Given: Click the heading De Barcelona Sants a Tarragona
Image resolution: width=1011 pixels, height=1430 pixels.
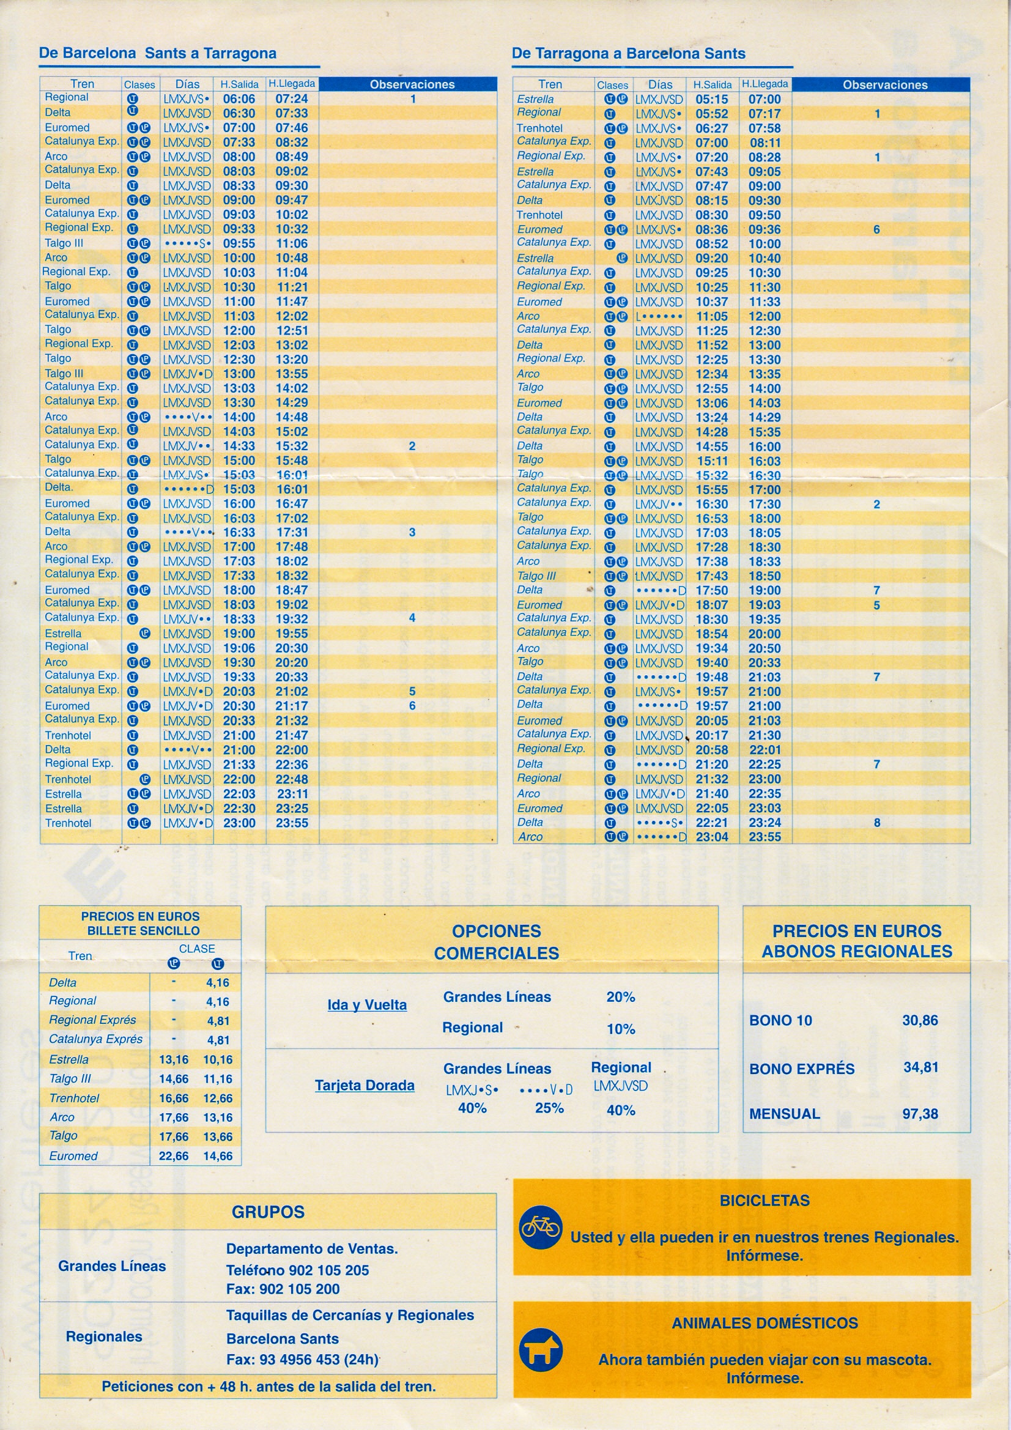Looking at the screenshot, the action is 158,53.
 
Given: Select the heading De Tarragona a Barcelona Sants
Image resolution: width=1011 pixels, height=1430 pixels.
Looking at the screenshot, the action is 629,54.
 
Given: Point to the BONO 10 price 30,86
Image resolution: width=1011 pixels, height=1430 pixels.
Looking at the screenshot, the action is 919,1020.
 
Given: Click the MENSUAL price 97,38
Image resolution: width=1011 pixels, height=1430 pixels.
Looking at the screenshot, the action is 920,1114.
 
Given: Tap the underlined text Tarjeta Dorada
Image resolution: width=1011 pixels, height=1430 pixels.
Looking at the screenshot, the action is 365,1086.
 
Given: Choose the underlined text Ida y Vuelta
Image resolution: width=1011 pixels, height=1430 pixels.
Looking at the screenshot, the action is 367,1006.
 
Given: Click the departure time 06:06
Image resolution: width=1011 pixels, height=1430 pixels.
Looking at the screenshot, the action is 239,99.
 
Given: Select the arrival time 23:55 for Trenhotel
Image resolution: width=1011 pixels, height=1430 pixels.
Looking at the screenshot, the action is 292,823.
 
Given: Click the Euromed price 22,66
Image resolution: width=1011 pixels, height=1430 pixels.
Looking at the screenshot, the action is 173,1156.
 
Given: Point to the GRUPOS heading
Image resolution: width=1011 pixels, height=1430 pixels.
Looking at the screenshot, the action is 268,1212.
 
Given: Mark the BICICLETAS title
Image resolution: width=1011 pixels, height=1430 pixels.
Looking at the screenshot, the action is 765,1201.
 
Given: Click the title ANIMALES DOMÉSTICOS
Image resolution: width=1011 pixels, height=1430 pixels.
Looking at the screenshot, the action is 765,1324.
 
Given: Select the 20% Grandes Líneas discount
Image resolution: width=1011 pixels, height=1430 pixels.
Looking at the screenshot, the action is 620,997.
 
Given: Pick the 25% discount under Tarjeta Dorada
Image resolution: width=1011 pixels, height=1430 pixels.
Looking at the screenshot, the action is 549,1108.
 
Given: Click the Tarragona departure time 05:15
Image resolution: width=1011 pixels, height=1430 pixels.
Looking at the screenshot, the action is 711,99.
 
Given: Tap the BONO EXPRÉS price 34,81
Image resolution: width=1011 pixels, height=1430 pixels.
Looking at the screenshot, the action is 920,1067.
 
